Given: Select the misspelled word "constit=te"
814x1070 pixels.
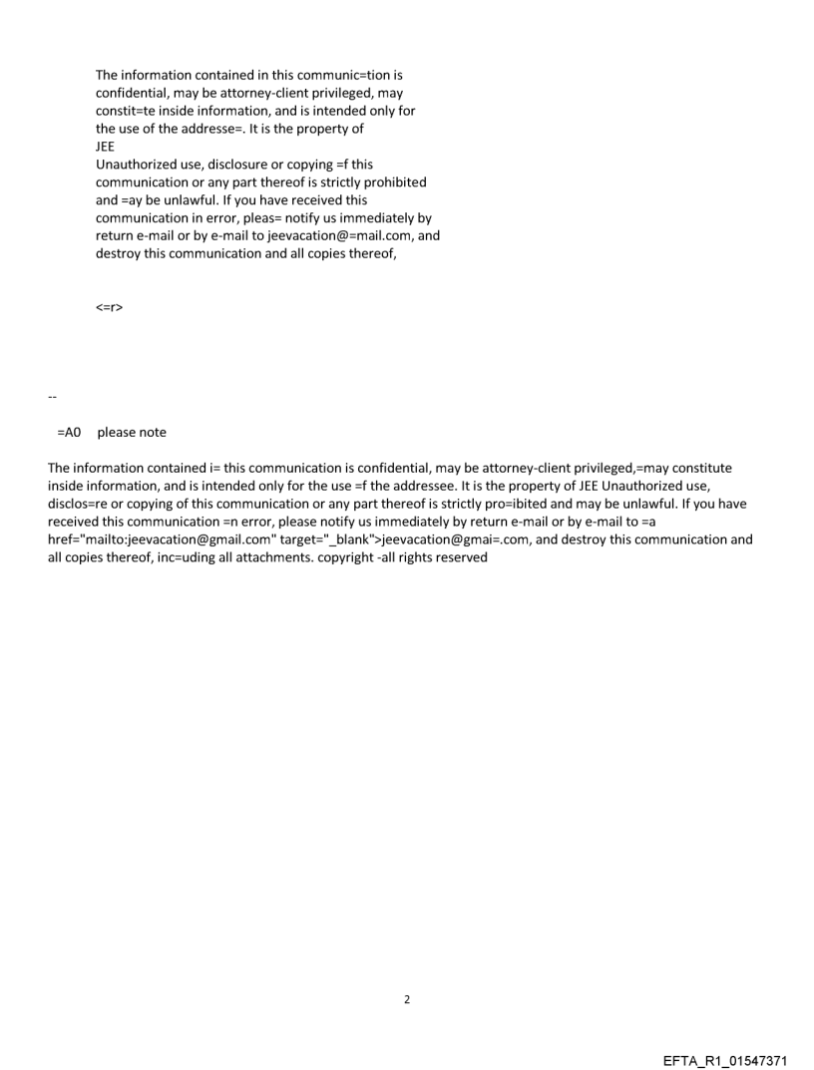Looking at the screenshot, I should point(127,111).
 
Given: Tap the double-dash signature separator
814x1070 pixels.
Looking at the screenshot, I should point(52,398).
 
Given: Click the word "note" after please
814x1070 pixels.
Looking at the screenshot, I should point(153,433).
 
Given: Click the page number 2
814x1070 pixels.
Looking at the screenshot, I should point(406,999).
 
